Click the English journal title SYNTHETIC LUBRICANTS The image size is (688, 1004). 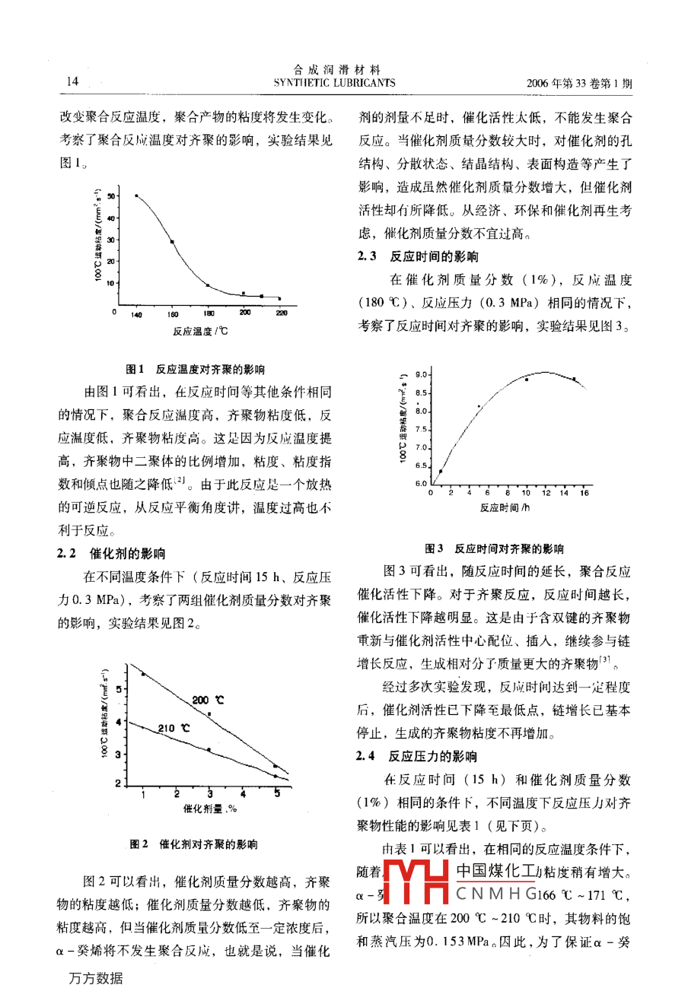click(x=335, y=83)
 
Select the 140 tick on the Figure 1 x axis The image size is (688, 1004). click(x=136, y=313)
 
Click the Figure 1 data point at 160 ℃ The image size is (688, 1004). click(x=172, y=242)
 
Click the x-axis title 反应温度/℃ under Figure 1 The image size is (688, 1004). click(x=200, y=331)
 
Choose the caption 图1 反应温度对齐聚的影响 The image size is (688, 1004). click(x=196, y=370)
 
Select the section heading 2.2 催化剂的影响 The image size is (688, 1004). click(x=111, y=554)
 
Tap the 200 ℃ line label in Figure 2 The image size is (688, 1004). click(x=207, y=700)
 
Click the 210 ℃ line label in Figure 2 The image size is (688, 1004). click(x=174, y=728)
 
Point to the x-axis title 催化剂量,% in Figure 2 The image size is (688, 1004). click(x=210, y=809)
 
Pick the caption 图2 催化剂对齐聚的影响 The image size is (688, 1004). click(x=193, y=844)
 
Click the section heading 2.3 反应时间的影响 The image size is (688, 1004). click(x=419, y=256)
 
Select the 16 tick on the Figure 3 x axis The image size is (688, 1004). click(x=584, y=493)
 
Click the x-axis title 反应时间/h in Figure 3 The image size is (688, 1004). click(x=505, y=507)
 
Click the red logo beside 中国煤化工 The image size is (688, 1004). click(x=418, y=882)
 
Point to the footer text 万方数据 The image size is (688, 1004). click(x=96, y=979)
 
